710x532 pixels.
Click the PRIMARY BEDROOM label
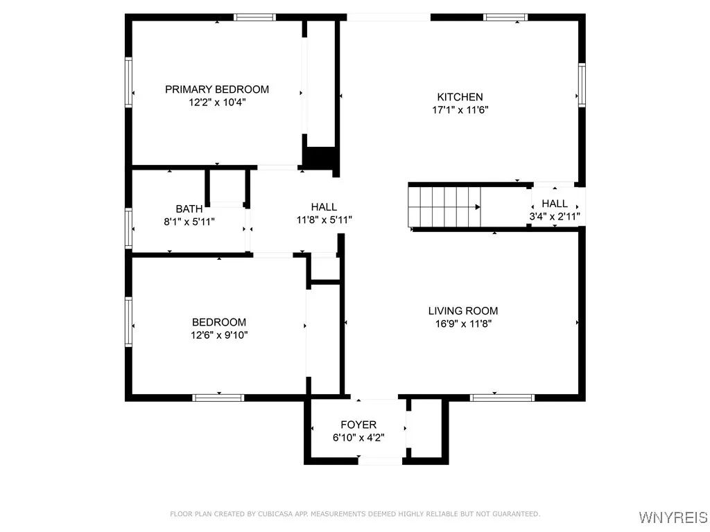tap(216, 89)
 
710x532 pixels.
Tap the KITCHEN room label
tap(460, 97)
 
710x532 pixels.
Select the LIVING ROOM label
tap(462, 311)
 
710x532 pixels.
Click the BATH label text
tap(189, 209)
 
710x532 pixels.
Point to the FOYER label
tap(358, 425)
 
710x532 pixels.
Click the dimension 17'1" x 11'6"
tap(460, 109)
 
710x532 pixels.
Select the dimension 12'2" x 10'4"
tap(217, 102)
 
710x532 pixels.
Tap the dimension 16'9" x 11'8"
tap(462, 323)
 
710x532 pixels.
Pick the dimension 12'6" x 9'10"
tap(219, 335)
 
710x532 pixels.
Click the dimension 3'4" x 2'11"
tap(555, 216)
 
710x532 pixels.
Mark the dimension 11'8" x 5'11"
tap(324, 220)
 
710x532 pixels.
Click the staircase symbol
tap(444, 206)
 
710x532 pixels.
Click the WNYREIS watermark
tap(672, 517)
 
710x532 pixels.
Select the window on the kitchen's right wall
tap(582, 85)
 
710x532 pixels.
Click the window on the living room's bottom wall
tap(502, 398)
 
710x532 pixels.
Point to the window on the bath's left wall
tap(128, 227)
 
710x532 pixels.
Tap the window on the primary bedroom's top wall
tap(254, 17)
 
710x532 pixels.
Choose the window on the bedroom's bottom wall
tap(218, 398)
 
